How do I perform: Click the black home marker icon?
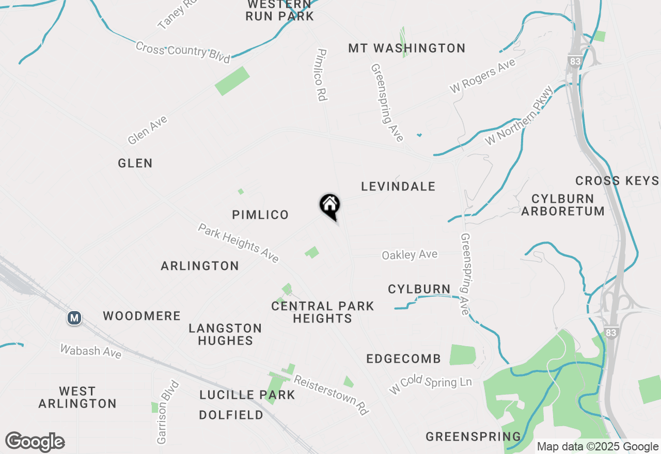click(x=329, y=205)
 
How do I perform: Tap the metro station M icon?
click(x=74, y=318)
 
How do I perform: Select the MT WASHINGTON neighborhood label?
click(x=407, y=48)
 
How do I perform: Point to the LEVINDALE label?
click(x=398, y=186)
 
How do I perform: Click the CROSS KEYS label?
click(x=617, y=181)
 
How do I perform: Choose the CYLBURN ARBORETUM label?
click(x=563, y=205)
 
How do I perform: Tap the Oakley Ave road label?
click(x=410, y=255)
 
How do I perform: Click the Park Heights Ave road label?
click(x=239, y=242)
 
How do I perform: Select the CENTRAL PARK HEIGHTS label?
click(x=323, y=312)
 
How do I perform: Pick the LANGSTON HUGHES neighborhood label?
click(x=225, y=334)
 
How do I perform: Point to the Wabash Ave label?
click(x=91, y=351)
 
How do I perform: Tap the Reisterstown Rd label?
click(x=332, y=395)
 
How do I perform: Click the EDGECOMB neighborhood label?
click(x=404, y=359)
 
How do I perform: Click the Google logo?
click(x=35, y=442)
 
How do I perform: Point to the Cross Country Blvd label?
click(x=183, y=52)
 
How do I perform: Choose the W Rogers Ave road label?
click(x=482, y=76)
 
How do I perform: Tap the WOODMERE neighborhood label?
click(x=141, y=316)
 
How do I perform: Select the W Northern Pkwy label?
click(x=519, y=115)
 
